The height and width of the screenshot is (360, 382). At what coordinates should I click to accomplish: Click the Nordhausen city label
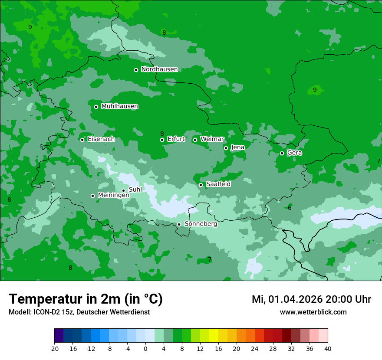point(159,69)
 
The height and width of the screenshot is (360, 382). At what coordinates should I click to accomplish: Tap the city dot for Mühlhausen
point(96,107)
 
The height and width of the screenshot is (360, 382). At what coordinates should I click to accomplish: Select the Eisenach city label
point(101,139)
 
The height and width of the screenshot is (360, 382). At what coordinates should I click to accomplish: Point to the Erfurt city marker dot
point(162,140)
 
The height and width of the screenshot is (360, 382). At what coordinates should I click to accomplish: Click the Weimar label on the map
point(212,139)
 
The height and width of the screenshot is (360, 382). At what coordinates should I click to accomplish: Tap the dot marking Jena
point(226,148)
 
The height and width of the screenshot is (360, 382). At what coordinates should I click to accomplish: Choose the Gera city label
point(294,153)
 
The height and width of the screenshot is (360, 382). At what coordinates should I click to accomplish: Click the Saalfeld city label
point(218,184)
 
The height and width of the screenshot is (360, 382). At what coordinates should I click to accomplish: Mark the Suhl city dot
point(123,190)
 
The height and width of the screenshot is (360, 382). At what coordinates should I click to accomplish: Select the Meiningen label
point(113,195)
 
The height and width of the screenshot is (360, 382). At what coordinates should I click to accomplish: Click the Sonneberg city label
point(201,224)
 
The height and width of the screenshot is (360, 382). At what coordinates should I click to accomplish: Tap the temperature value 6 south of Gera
point(290,208)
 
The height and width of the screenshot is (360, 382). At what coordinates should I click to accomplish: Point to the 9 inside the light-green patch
point(315,90)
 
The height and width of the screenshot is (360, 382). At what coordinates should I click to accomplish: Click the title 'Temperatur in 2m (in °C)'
point(86,299)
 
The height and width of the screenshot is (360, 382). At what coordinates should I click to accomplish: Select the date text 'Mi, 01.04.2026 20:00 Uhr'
point(311,299)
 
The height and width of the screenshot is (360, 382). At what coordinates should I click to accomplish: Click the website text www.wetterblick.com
point(313,312)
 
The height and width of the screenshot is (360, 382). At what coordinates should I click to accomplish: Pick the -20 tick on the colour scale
point(54,348)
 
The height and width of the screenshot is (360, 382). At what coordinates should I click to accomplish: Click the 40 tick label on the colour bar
point(327,348)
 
